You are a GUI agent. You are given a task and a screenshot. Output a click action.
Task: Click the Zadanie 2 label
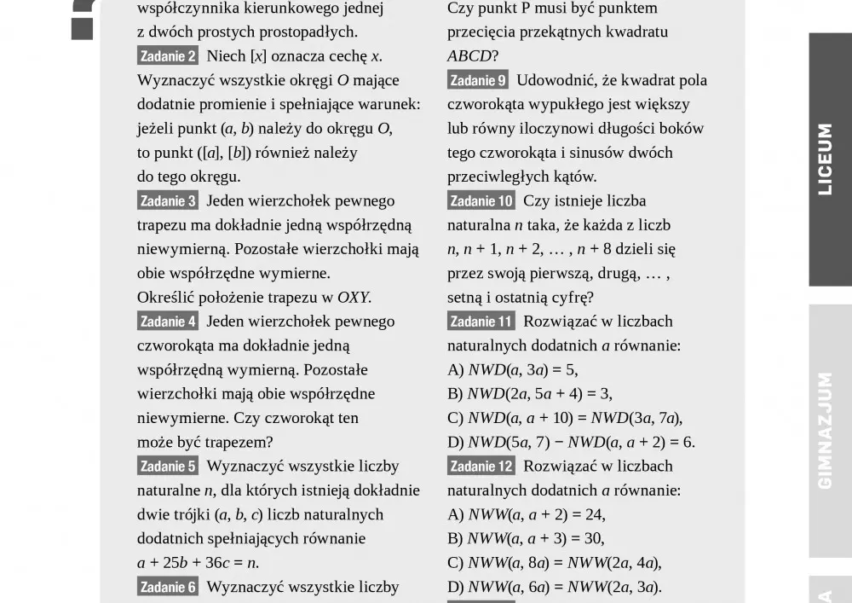pyautogui.click(x=168, y=56)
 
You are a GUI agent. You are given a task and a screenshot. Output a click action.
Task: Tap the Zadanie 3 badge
pyautogui.click(x=168, y=201)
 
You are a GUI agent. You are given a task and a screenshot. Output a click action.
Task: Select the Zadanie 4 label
pyautogui.click(x=168, y=322)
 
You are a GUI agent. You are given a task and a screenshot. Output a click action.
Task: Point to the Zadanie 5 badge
pyautogui.click(x=168, y=467)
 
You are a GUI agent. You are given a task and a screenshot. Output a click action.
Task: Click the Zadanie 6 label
pyautogui.click(x=168, y=587)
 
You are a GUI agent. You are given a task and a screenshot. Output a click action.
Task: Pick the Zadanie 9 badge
pyautogui.click(x=478, y=80)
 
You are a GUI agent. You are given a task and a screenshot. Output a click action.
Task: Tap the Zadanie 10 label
pyautogui.click(x=481, y=201)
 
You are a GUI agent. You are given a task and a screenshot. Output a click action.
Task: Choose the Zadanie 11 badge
pyautogui.click(x=481, y=322)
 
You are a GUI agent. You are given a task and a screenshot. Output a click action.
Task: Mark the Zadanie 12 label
pyautogui.click(x=481, y=467)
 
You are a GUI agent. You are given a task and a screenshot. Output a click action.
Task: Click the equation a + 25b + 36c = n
pyautogui.click(x=198, y=563)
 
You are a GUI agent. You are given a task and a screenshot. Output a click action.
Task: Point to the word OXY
pyautogui.click(x=354, y=298)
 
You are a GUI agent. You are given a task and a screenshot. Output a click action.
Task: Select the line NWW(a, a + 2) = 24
pyautogui.click(x=527, y=515)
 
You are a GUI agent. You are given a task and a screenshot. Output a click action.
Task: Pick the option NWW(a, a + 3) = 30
pyautogui.click(x=526, y=539)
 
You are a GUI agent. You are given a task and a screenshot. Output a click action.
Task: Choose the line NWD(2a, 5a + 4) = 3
pyautogui.click(x=530, y=394)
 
